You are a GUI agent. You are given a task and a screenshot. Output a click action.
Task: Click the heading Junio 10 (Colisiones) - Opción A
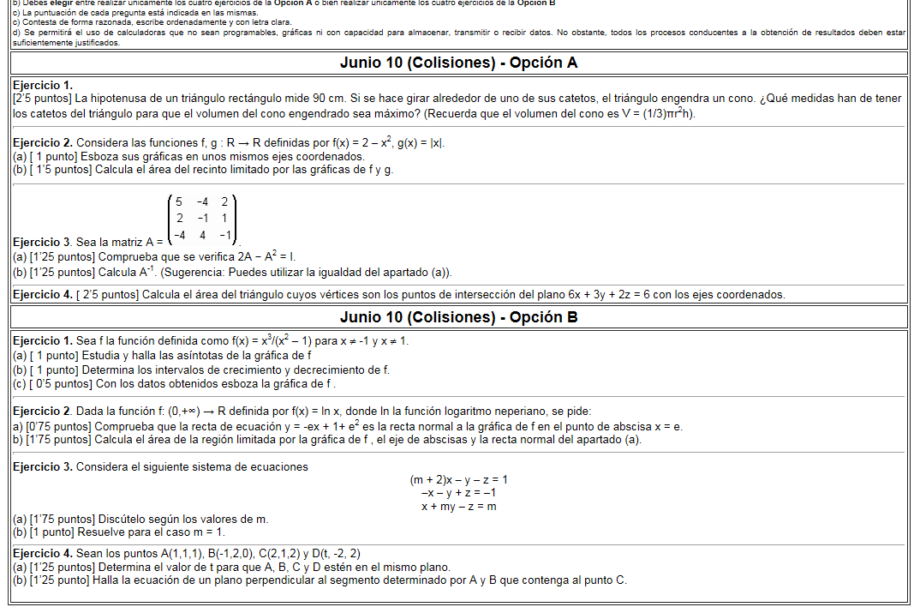pyautogui.click(x=458, y=63)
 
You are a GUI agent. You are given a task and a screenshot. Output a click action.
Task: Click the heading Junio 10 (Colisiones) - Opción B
pyautogui.click(x=458, y=317)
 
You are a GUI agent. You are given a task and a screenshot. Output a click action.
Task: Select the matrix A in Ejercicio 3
pyautogui.click(x=202, y=219)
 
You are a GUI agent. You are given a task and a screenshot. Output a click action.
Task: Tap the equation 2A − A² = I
pyautogui.click(x=259, y=256)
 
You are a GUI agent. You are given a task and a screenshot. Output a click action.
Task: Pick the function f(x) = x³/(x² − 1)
pyautogui.click(x=272, y=340)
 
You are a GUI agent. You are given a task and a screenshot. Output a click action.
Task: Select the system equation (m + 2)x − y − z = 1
pyautogui.click(x=458, y=480)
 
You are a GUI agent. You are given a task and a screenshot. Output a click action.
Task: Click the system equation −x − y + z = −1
pyautogui.click(x=458, y=493)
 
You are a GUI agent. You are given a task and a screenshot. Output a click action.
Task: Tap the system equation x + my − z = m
pyautogui.click(x=458, y=507)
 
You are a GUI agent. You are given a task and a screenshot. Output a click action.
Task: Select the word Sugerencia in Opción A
pyautogui.click(x=193, y=273)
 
